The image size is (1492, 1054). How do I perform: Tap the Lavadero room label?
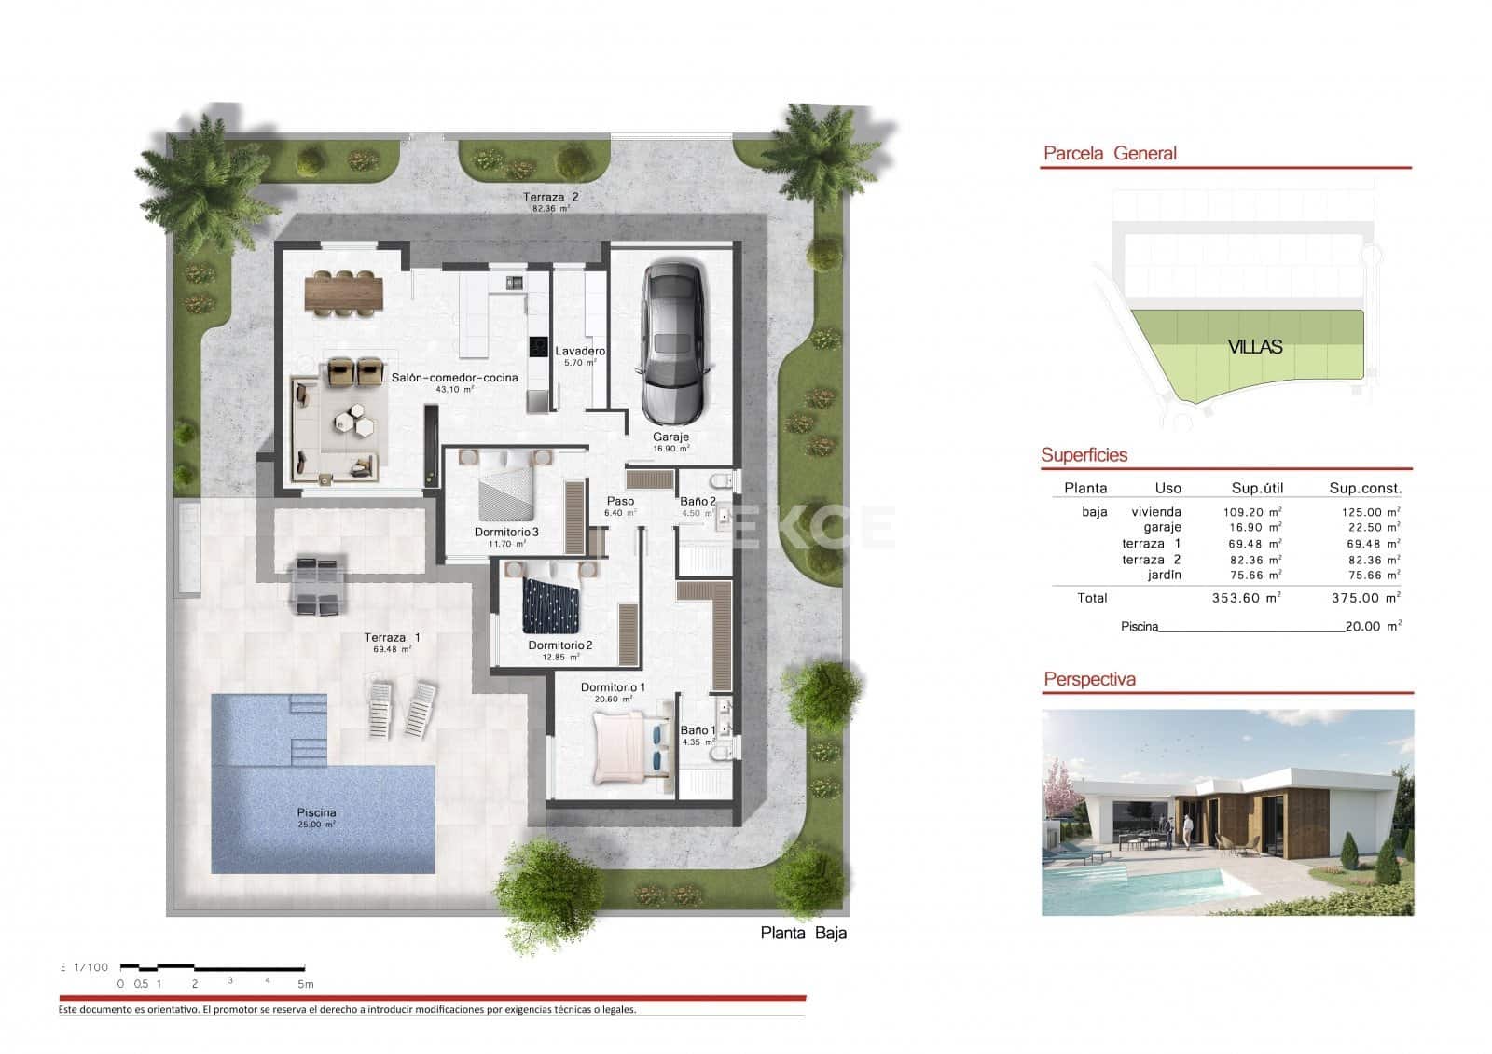click(x=580, y=352)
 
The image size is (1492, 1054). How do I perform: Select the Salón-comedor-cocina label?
click(x=454, y=378)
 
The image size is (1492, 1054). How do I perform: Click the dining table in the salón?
click(x=343, y=292)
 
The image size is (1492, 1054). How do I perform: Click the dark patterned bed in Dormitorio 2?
click(x=550, y=603)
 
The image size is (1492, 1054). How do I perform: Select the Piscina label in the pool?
click(x=316, y=813)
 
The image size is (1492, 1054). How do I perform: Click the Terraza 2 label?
click(x=550, y=197)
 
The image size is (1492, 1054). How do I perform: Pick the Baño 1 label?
click(x=698, y=730)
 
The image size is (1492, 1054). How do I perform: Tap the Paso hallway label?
click(x=620, y=501)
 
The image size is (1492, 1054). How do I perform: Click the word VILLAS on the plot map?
click(x=1254, y=347)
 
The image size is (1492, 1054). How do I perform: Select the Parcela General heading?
click(x=1110, y=154)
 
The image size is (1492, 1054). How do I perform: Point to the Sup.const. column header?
click(x=1365, y=488)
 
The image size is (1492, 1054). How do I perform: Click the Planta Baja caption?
click(x=803, y=933)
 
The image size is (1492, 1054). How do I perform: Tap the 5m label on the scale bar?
click(x=305, y=984)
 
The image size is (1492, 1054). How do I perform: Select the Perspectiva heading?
click(x=1089, y=679)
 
